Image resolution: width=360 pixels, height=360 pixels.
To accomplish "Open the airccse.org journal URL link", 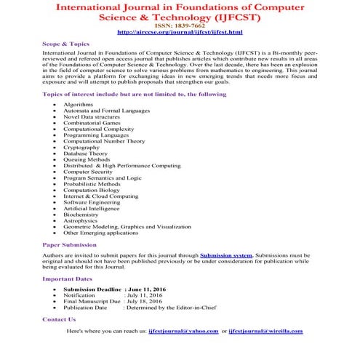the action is tap(180, 33).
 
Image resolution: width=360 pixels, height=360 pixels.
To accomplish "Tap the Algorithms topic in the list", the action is tap(79, 105).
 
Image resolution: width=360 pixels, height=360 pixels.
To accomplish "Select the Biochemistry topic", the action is tap(81, 214).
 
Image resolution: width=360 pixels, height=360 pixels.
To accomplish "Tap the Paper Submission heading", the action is tap(71, 245).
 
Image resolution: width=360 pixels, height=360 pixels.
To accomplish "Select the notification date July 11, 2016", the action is tap(145, 296).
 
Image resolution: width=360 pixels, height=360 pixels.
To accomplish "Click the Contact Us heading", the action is tap(59, 319).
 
